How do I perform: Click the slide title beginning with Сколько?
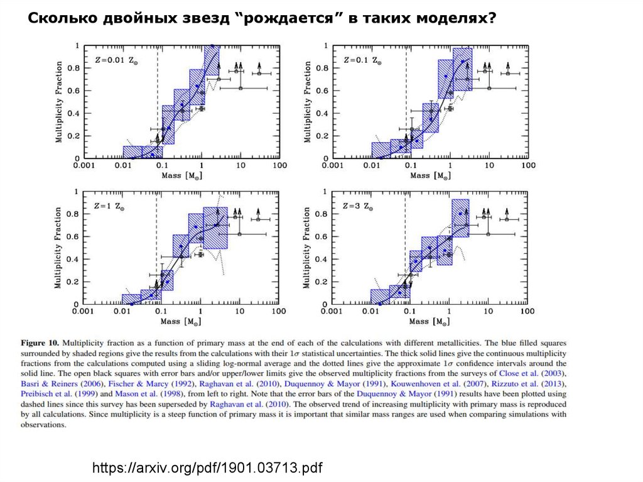click(x=261, y=18)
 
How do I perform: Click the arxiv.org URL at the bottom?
click(x=207, y=468)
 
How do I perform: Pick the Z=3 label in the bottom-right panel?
click(x=358, y=205)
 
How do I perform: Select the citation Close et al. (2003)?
click(x=534, y=374)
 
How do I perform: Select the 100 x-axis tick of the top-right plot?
click(x=527, y=166)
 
